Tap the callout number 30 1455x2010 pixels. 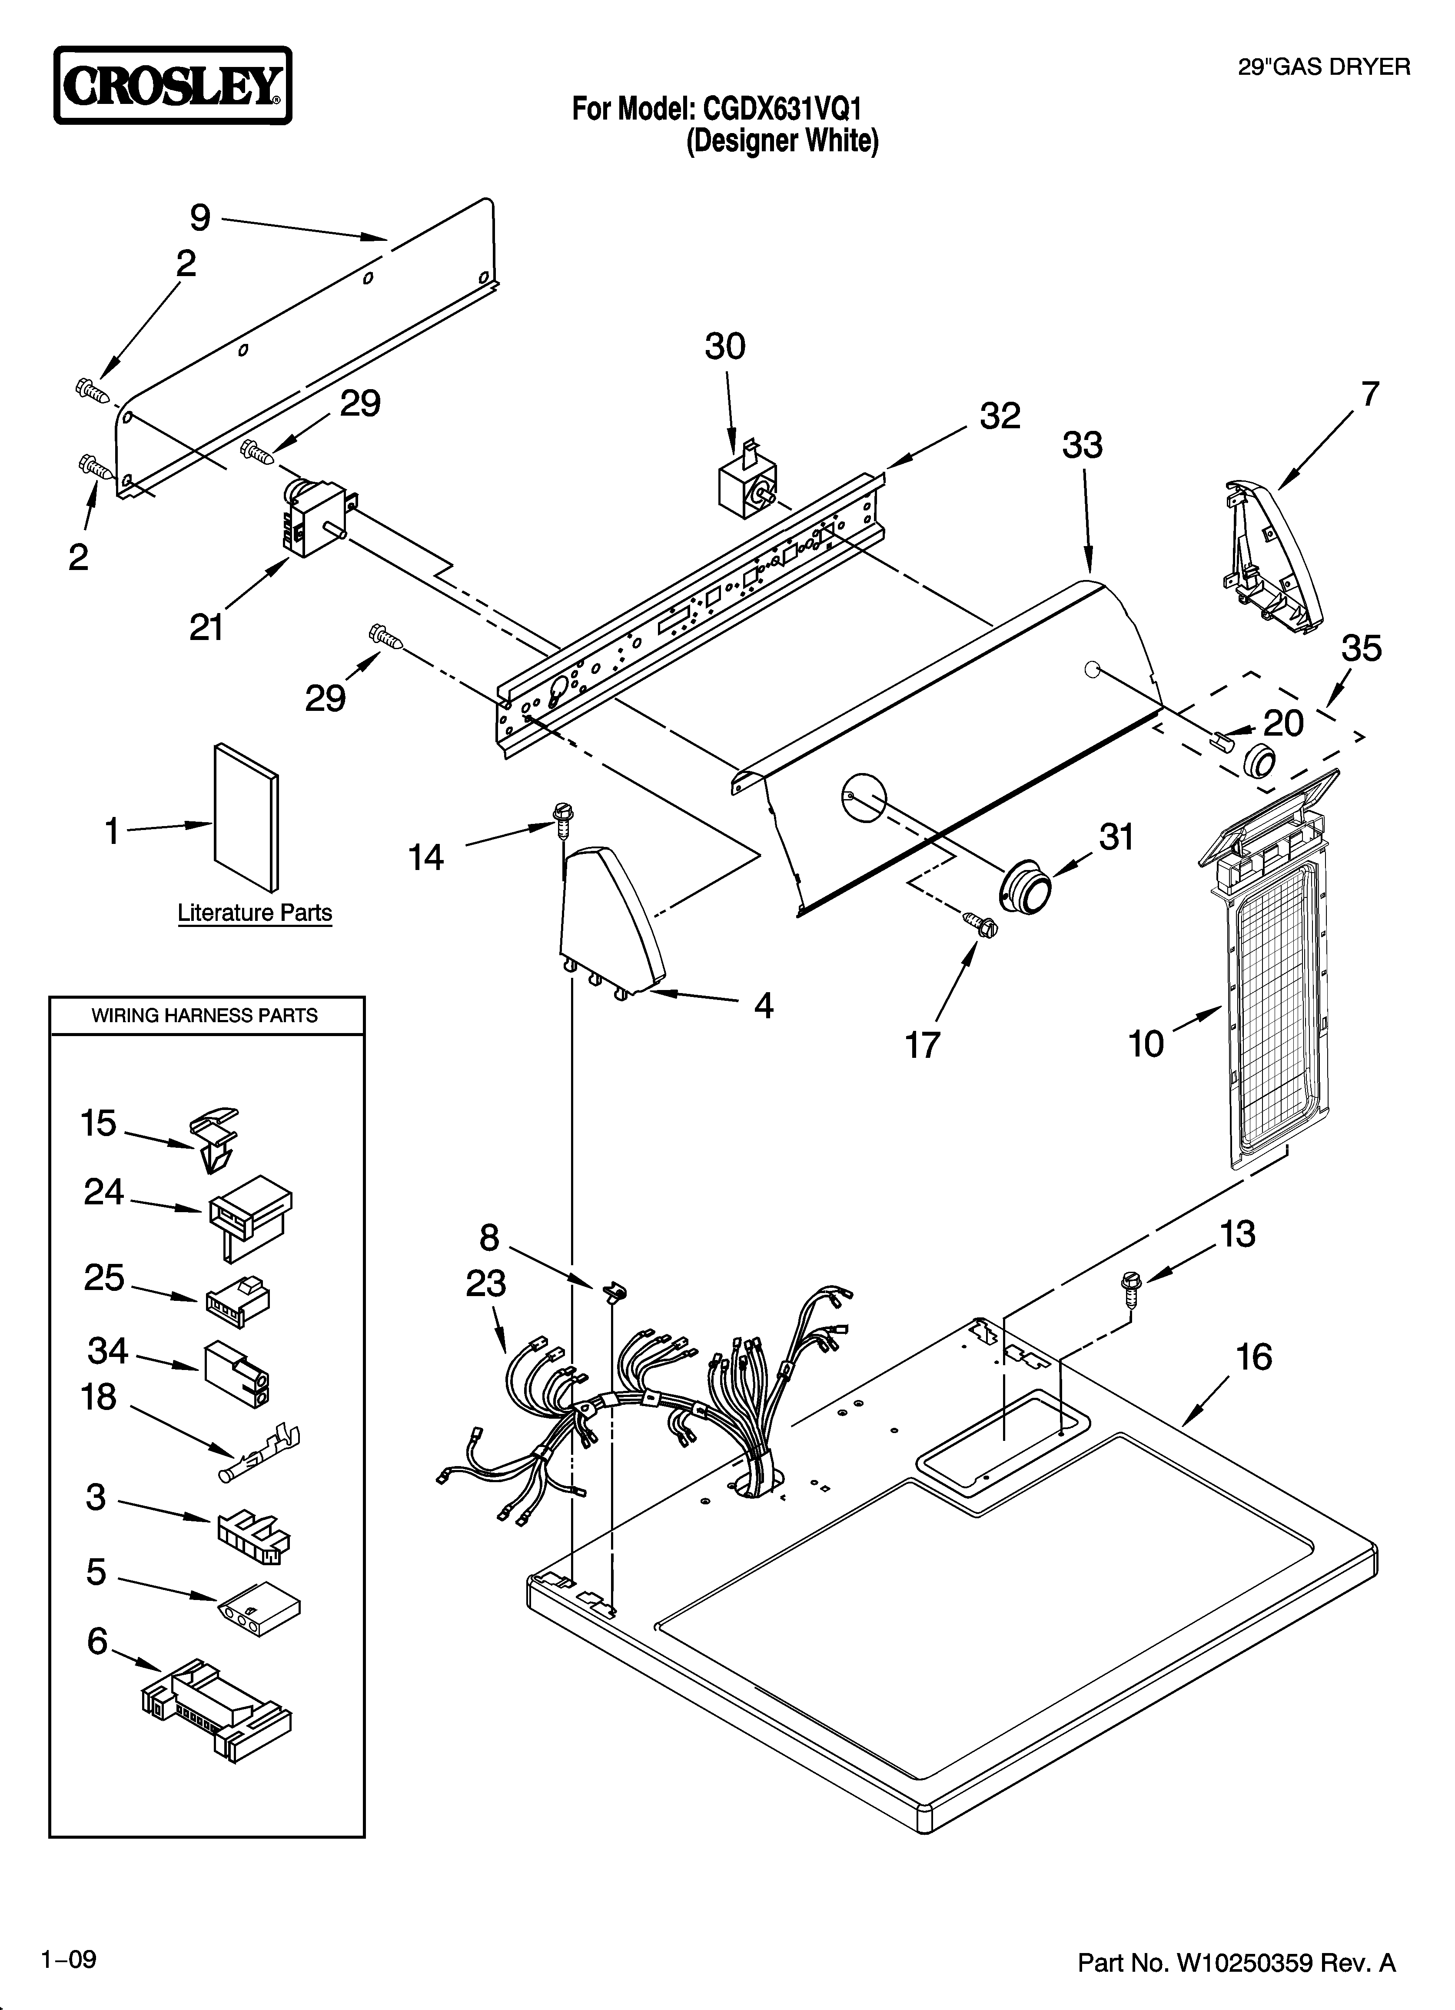click(x=725, y=347)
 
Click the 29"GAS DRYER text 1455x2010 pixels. click(x=1323, y=67)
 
